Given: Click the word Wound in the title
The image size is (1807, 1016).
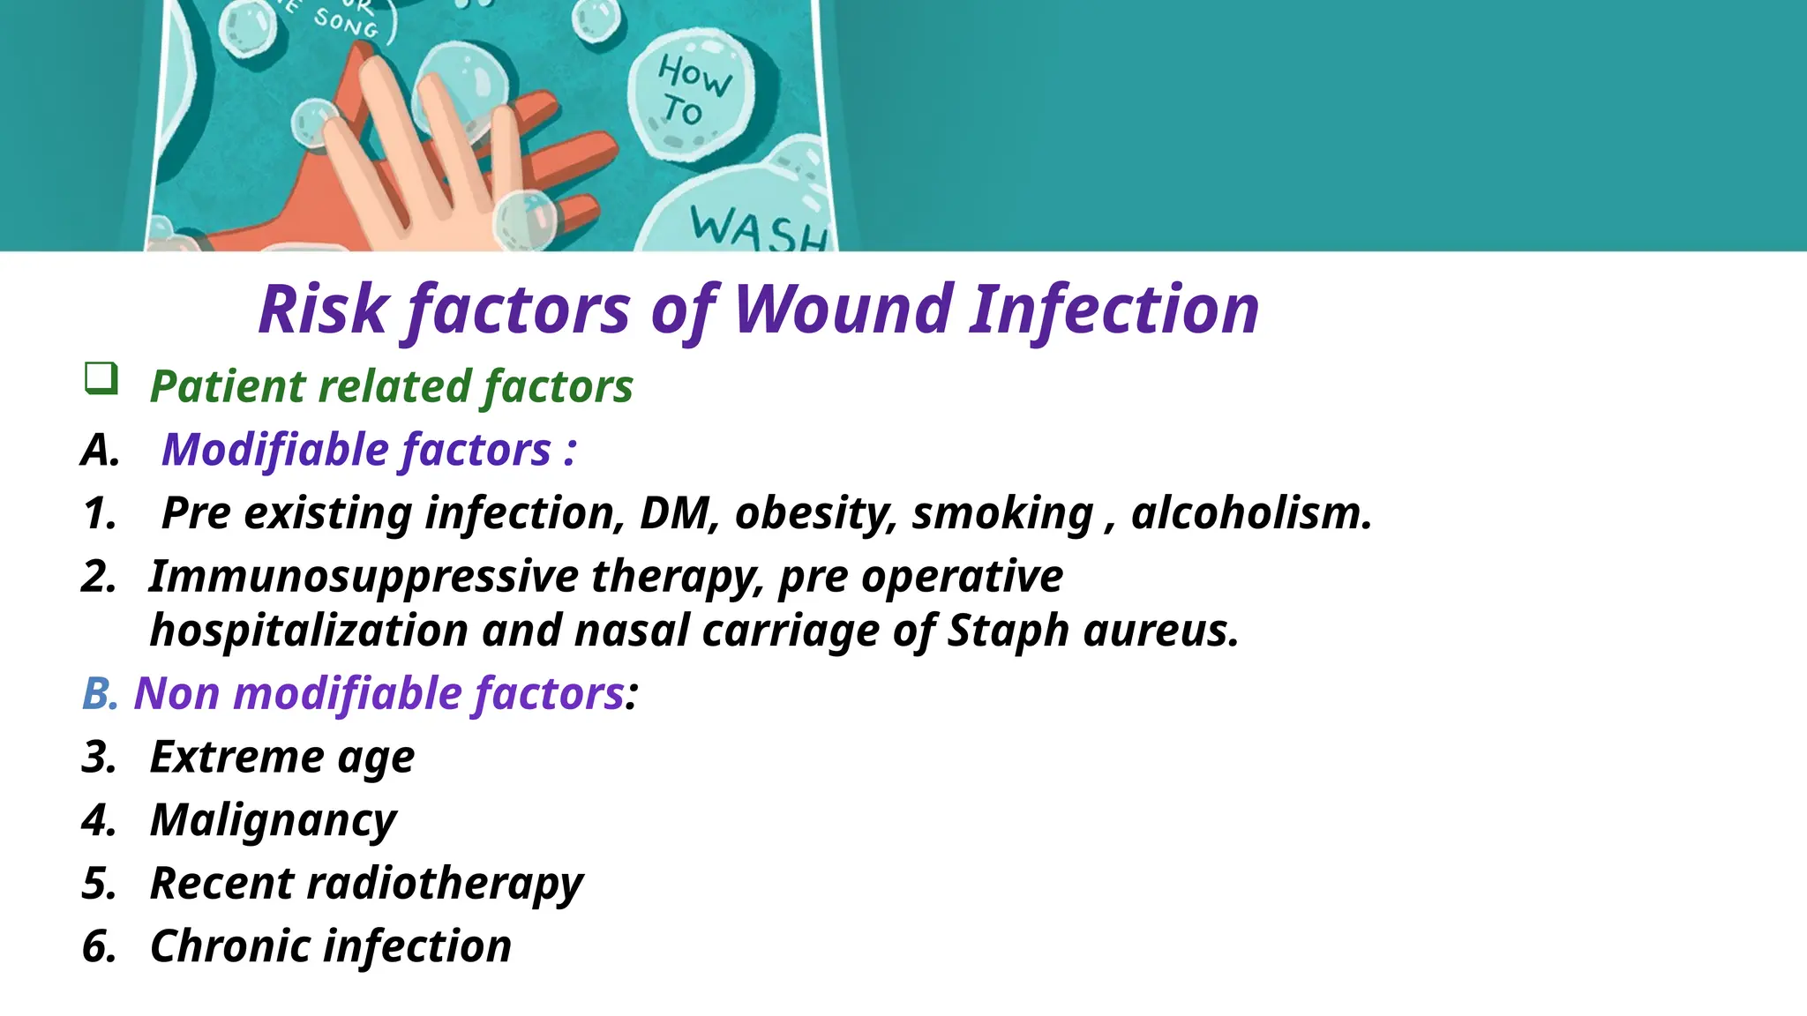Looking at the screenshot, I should point(842,310).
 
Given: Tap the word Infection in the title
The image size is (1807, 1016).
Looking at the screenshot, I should point(1113,310).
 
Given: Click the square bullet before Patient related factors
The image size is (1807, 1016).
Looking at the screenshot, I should point(101,378).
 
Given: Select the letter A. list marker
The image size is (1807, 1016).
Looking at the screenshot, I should point(101,450).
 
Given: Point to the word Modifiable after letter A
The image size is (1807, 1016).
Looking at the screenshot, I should point(274,450).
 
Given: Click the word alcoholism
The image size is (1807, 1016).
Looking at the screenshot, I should point(1251,513).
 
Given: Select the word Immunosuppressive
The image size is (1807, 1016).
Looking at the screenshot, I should point(363,577).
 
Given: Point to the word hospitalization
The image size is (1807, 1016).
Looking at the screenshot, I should point(309,631).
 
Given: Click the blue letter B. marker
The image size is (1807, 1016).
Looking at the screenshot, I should point(100,693).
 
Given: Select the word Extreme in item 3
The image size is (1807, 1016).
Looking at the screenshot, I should point(237,757).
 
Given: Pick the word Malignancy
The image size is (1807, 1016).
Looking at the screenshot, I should point(274,820).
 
